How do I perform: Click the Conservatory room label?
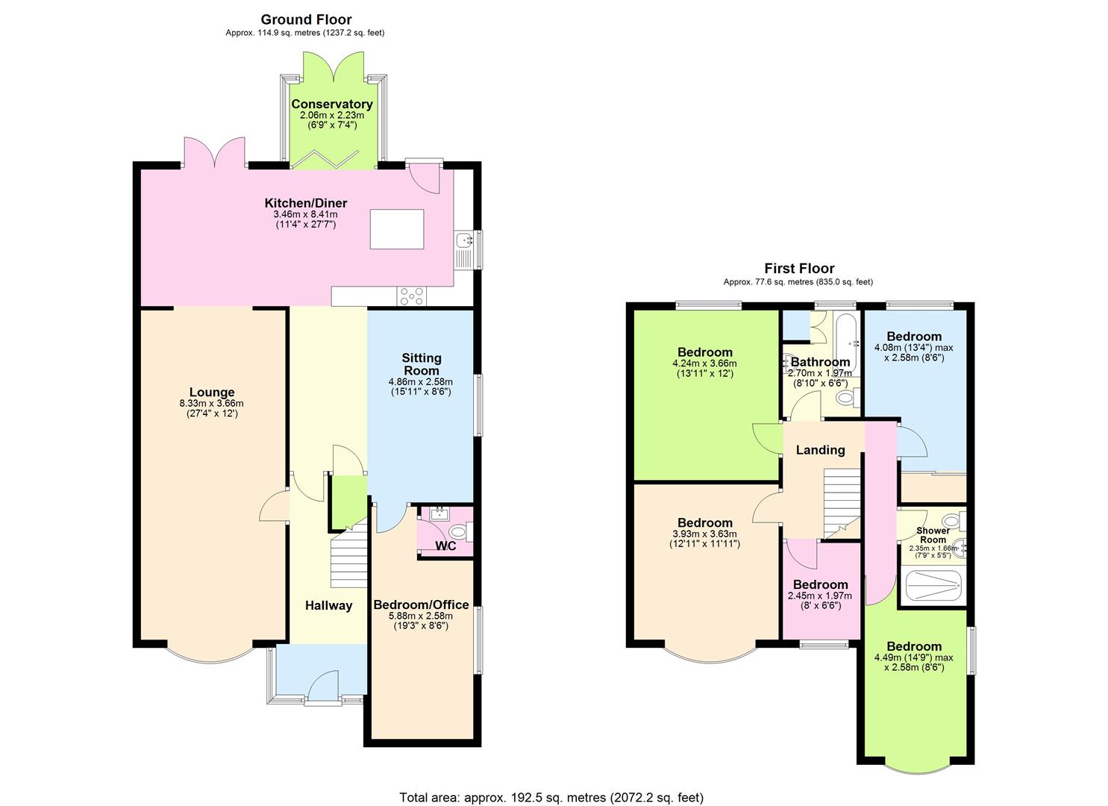332,104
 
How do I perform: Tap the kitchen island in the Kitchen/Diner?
396,229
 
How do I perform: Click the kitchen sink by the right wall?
465,241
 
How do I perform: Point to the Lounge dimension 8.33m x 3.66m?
212,403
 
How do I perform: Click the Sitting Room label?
422,364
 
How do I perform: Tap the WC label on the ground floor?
445,546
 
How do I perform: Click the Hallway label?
328,605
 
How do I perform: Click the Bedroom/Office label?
421,604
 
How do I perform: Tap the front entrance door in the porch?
322,685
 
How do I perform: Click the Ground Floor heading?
306,19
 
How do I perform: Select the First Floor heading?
799,268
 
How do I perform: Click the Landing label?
820,450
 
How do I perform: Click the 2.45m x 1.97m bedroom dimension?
820,596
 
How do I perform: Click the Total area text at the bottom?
551,797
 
